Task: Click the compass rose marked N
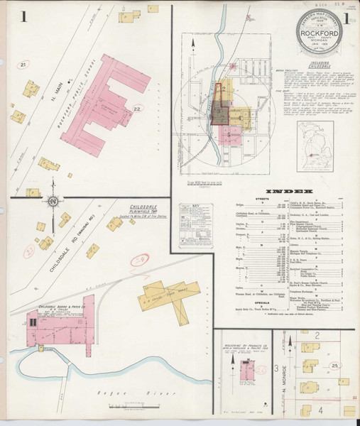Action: point(54,202)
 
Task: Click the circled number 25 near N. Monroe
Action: point(333,365)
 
